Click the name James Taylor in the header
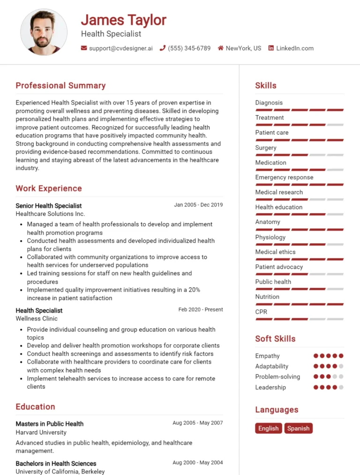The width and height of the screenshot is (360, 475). click(123, 20)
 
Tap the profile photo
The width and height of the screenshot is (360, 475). click(44, 32)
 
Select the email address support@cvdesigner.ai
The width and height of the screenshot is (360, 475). click(120, 48)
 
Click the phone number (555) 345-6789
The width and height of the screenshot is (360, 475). click(189, 48)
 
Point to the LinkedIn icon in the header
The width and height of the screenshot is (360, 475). click(271, 48)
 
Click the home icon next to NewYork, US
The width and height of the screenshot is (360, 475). click(220, 48)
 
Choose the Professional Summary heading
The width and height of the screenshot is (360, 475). click(60, 86)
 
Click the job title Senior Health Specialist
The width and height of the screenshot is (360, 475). click(49, 206)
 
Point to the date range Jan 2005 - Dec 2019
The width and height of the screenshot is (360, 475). click(198, 205)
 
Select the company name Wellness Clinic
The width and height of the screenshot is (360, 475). click(37, 319)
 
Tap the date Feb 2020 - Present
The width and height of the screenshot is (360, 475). click(201, 310)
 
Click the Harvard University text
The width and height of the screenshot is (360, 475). click(41, 432)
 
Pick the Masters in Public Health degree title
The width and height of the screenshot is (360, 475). click(49, 424)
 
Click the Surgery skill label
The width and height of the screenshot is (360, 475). click(266, 148)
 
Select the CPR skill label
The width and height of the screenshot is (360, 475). click(261, 312)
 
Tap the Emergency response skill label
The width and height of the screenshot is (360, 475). click(284, 178)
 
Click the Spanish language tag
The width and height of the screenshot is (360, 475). click(298, 428)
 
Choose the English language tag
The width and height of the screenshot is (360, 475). click(269, 428)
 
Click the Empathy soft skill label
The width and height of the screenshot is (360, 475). click(267, 356)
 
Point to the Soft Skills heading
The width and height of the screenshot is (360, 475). click(275, 339)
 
